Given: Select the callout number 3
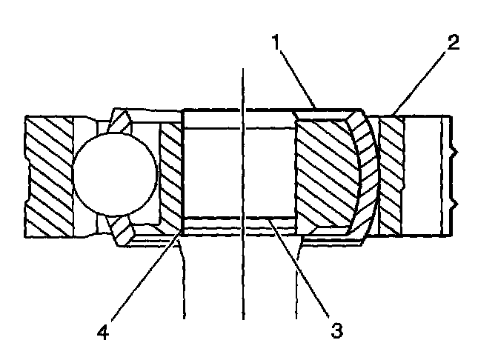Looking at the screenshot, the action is [x=337, y=330].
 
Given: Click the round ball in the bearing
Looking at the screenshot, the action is [x=115, y=174].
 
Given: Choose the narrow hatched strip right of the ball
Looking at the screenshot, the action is [x=170, y=176].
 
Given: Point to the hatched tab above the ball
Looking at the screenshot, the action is [x=121, y=120].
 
